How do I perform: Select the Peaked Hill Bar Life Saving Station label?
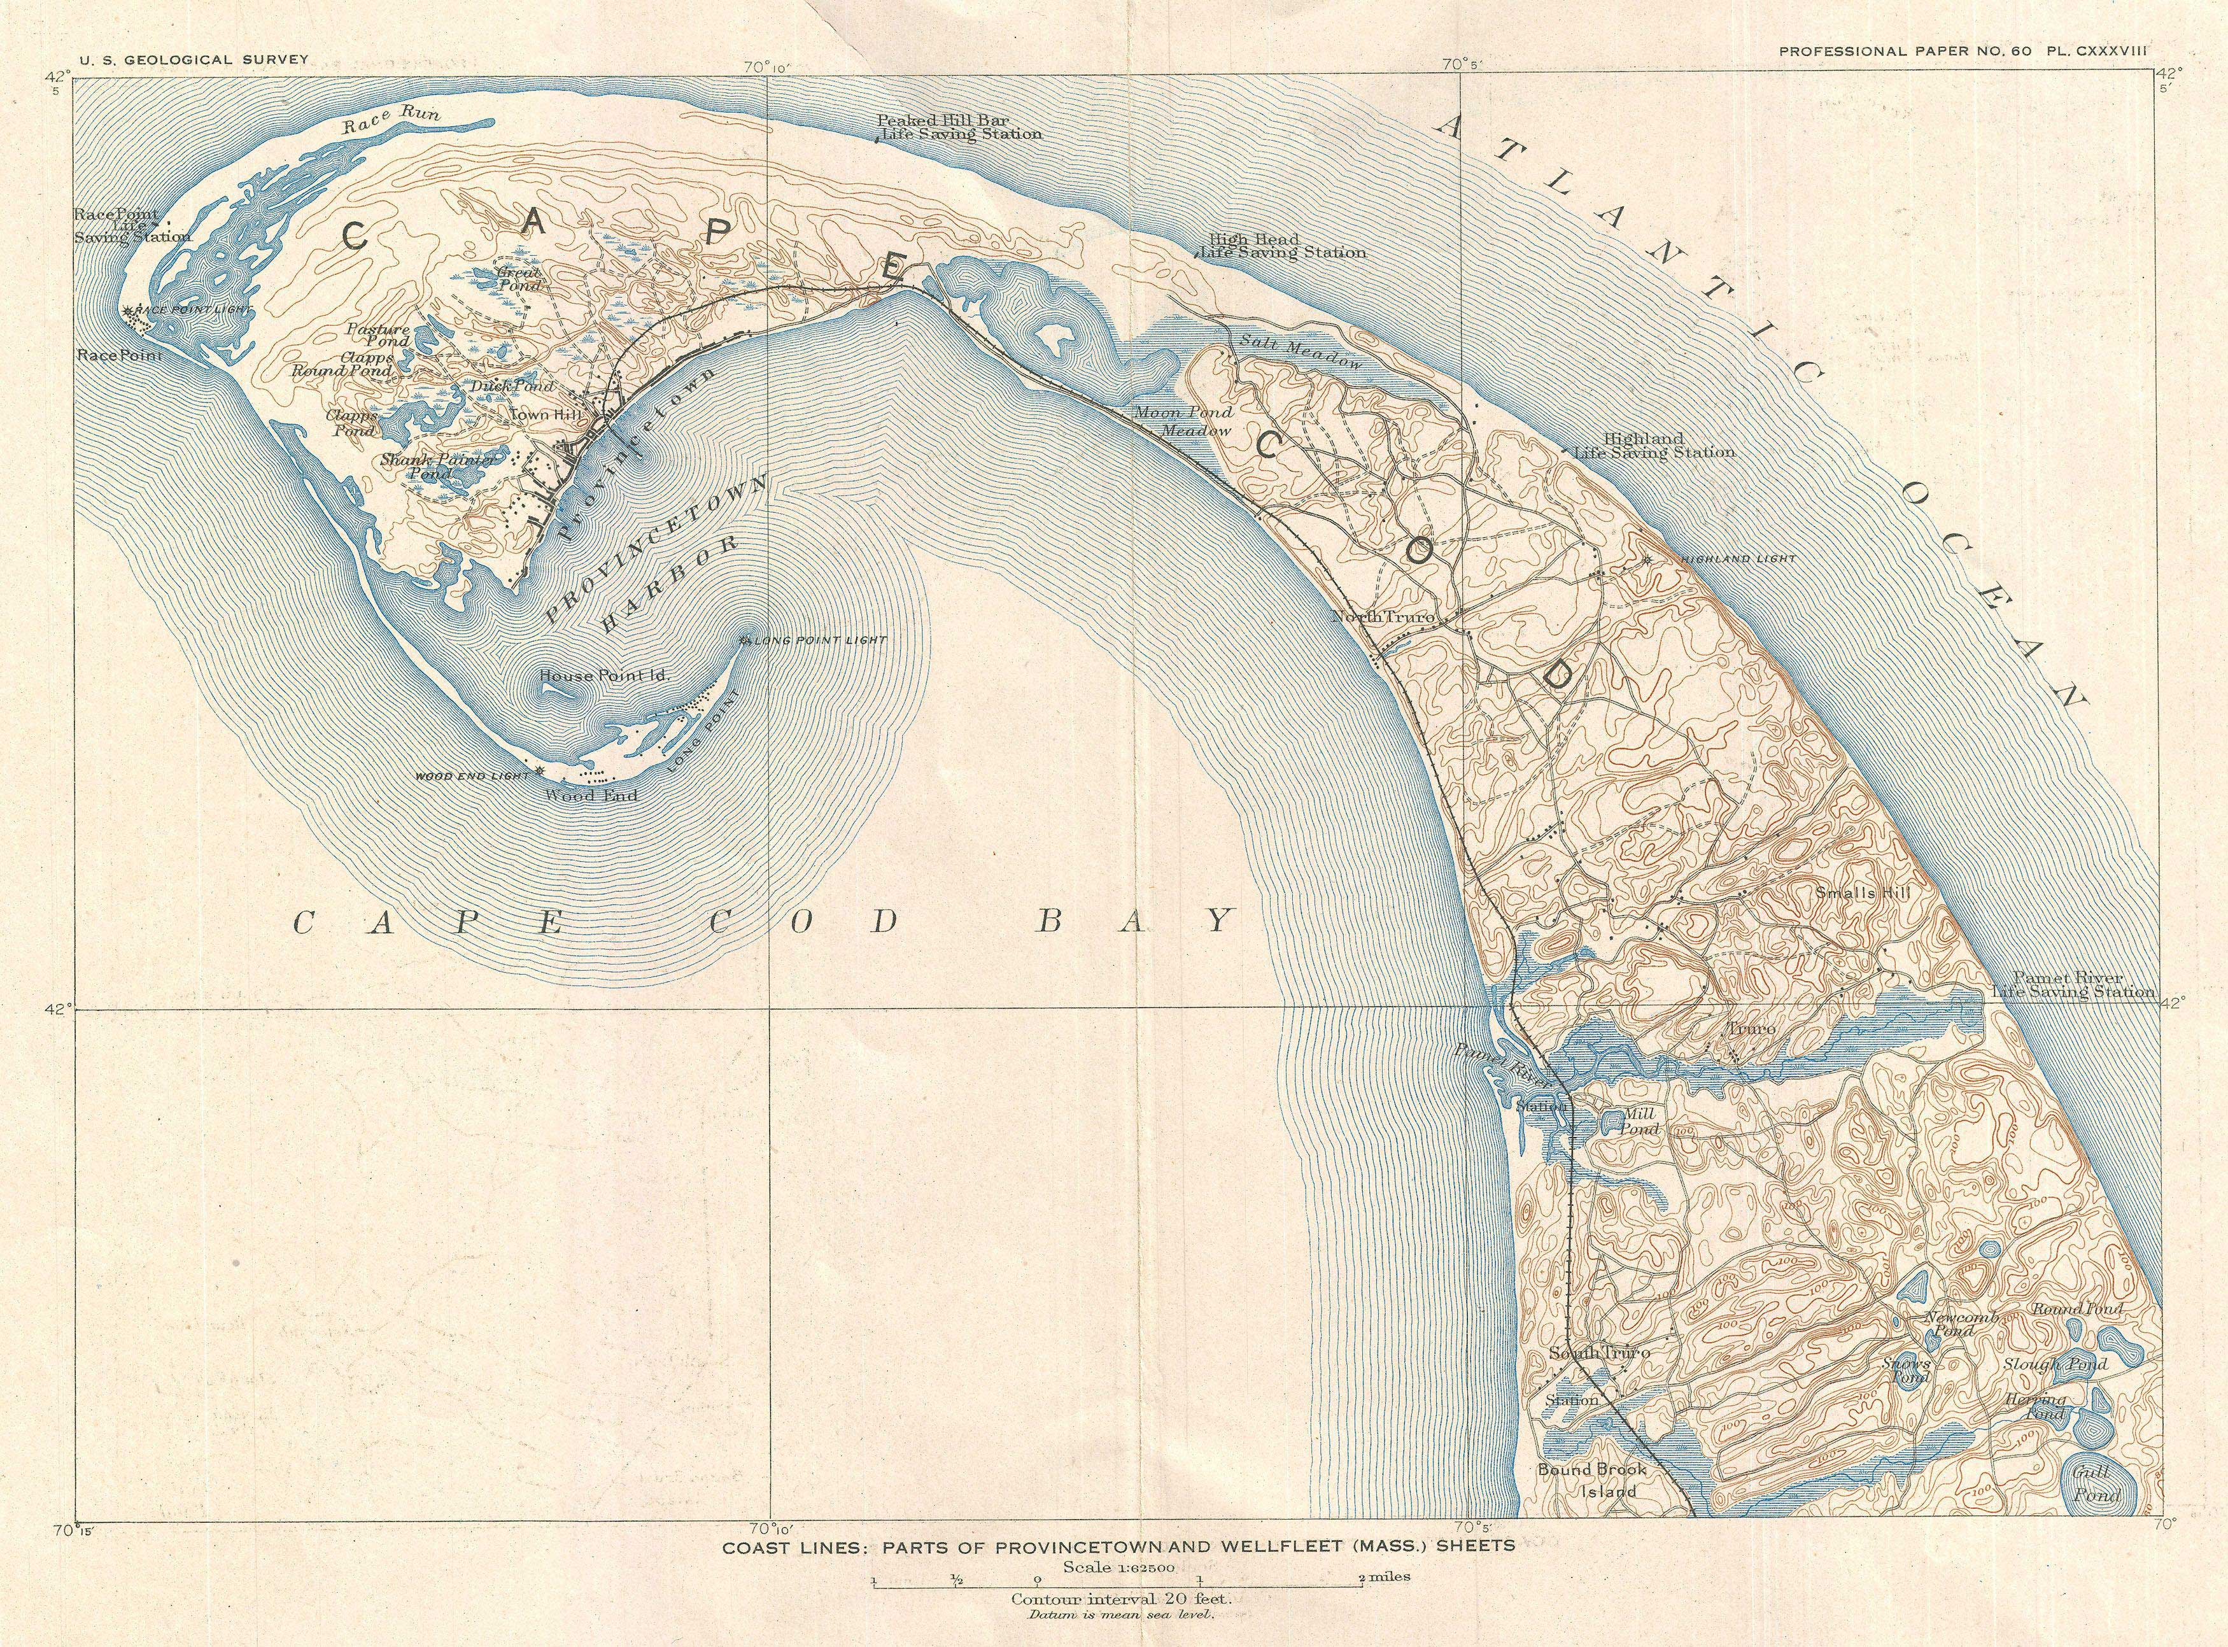pyautogui.click(x=959, y=127)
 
